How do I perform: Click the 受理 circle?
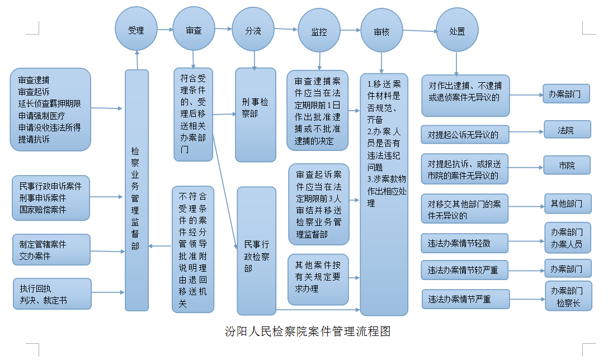click(136, 29)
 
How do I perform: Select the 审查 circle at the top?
click(194, 29)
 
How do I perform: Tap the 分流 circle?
click(253, 30)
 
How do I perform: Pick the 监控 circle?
click(319, 31)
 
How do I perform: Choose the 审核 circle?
click(381, 31)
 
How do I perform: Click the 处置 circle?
click(457, 30)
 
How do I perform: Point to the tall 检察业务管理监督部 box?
click(136, 190)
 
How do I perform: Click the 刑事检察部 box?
click(256, 115)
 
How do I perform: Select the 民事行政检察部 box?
click(256, 251)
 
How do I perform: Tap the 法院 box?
click(567, 130)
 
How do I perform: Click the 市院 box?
click(567, 165)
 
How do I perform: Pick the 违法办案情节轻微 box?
click(464, 243)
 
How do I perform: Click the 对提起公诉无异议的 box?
click(465, 135)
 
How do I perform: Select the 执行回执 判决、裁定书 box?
click(53, 293)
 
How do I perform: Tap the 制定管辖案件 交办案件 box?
click(51, 249)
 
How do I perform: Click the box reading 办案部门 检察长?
click(568, 296)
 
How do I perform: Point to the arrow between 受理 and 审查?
click(165, 30)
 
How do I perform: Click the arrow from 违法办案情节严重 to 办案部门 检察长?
click(527, 299)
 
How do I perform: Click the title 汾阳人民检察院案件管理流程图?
click(308, 331)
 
